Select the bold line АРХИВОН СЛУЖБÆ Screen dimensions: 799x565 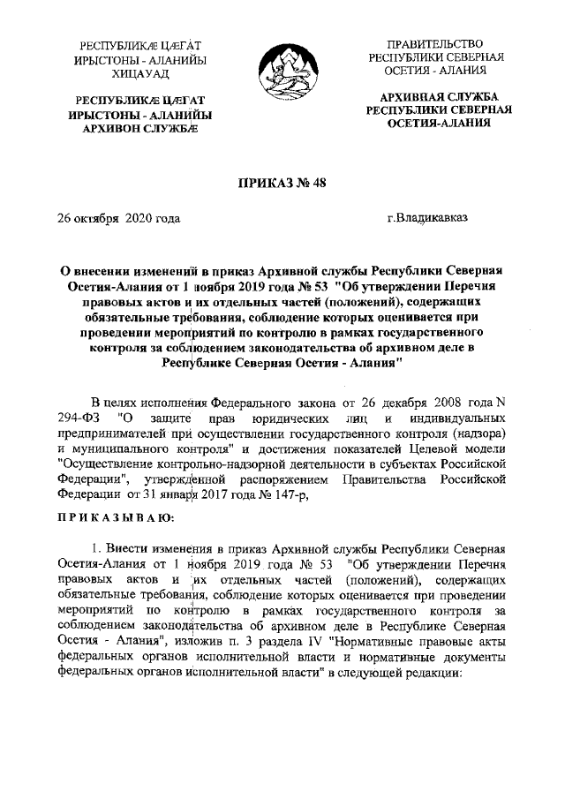tap(139, 130)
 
